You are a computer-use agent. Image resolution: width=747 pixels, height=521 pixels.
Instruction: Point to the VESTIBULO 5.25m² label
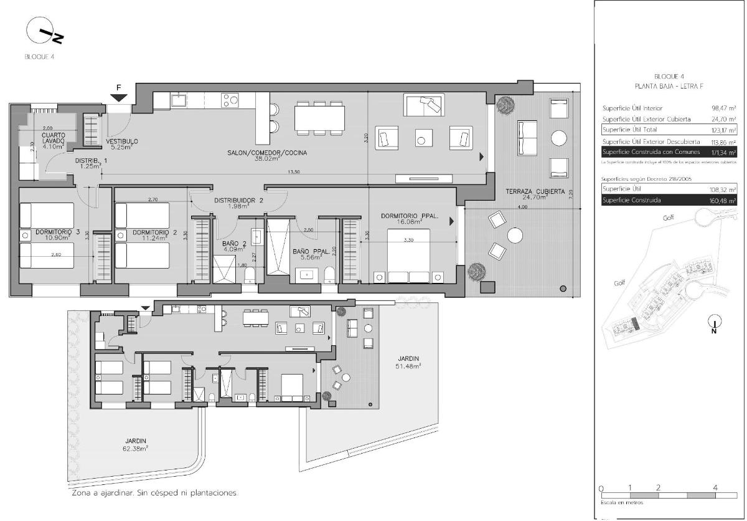coord(122,144)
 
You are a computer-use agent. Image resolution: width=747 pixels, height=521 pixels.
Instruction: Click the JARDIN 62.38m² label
coord(134,444)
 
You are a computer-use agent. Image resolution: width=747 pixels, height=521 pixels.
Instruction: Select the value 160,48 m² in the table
coord(723,200)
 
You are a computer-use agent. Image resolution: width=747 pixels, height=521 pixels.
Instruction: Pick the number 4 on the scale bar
coord(715,487)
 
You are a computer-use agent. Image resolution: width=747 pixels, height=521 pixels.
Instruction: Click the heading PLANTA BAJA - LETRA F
coord(669,86)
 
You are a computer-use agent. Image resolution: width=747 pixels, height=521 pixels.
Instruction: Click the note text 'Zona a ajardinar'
coord(155,493)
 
